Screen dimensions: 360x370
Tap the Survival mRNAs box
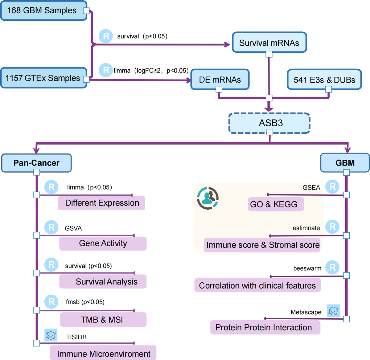269,43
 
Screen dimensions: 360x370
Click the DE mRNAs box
220,80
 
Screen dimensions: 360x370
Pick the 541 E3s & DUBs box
324,80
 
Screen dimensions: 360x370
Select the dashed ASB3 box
269,123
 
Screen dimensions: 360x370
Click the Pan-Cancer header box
36,163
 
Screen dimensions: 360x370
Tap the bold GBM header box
345,163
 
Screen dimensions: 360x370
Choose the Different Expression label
102,203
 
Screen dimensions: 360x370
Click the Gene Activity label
103,243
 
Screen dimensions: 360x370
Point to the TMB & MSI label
103,320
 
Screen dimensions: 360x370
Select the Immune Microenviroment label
103,354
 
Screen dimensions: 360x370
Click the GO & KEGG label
275,204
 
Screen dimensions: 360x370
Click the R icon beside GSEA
332,187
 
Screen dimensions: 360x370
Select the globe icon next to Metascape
333,311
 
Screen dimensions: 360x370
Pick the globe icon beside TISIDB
51,335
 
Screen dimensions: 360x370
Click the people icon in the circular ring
208,198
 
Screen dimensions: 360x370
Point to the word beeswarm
307,268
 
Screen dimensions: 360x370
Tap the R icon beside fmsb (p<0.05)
51,302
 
